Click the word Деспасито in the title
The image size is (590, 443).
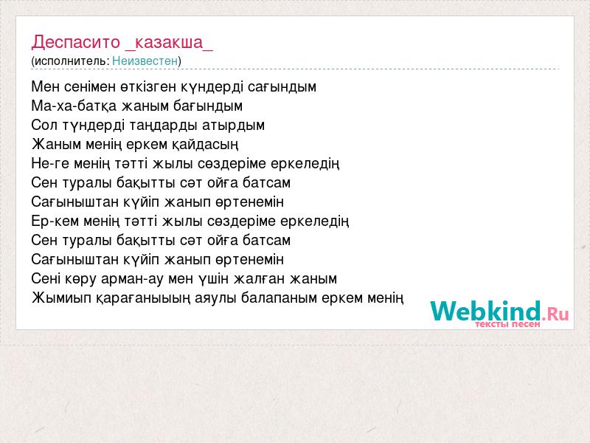76,42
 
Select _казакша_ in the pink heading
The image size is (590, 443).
170,43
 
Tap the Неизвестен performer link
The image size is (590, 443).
145,61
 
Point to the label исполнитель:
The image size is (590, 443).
72,61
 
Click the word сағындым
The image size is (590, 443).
282,87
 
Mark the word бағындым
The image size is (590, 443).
208,106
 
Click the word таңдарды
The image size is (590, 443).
163,126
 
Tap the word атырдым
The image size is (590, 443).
233,125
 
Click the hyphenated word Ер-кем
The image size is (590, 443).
55,221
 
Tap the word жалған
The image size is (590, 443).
260,279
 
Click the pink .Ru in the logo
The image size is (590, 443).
555,313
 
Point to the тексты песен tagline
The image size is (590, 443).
507,324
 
